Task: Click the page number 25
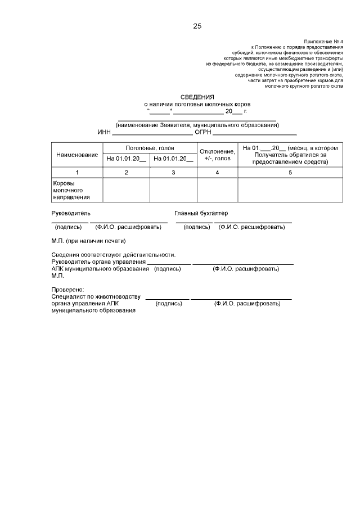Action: click(197, 26)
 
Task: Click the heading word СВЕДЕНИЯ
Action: click(197, 97)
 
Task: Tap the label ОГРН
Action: click(202, 132)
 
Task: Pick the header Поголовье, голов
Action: click(150, 147)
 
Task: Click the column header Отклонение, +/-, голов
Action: click(217, 155)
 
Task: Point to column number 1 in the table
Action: click(77, 172)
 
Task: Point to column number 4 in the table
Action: click(217, 172)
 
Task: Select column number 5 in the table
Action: click(290, 172)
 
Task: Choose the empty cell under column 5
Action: click(290, 190)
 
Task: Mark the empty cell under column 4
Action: click(217, 190)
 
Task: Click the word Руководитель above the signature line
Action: click(70, 214)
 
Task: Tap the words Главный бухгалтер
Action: click(201, 214)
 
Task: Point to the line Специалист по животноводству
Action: click(96, 296)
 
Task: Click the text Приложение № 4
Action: click(323, 42)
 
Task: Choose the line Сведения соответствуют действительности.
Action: click(113, 255)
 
